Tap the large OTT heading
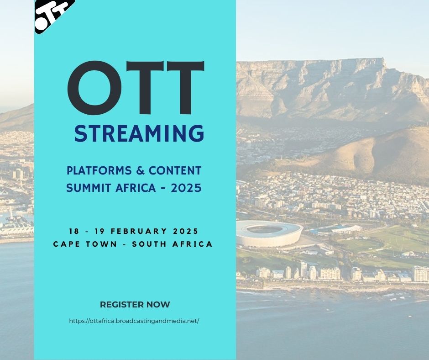pos(135,89)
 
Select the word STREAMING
pos(139,133)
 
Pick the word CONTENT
pos(176,171)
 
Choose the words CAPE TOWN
pos(84,244)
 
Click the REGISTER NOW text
pos(135,304)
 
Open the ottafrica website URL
pos(134,321)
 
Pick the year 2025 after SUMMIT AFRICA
pos(186,188)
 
